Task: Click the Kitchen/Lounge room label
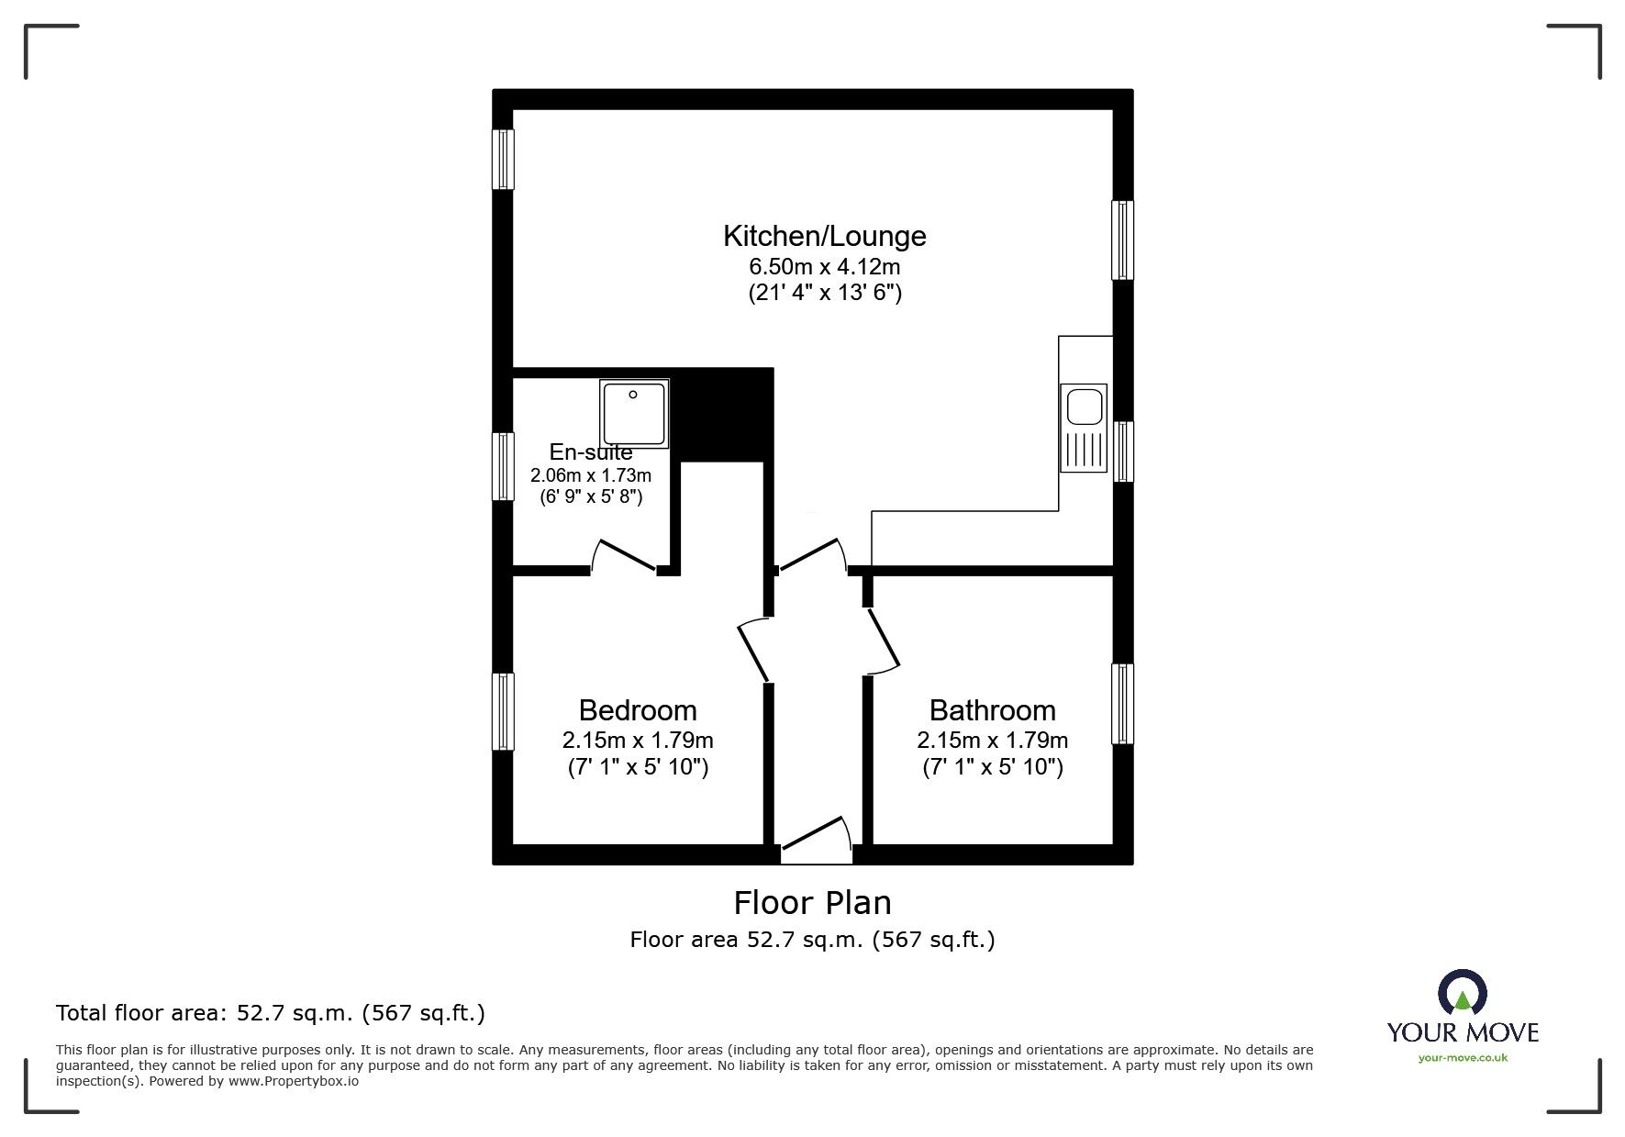tap(824, 237)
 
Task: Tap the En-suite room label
tap(591, 451)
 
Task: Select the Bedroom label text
tap(638, 710)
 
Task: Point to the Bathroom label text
tap(992, 710)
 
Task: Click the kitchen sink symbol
tap(1084, 428)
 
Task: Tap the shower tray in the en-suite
tap(634, 415)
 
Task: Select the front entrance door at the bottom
tap(816, 840)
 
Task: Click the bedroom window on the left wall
tap(503, 711)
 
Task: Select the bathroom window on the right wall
tap(1122, 704)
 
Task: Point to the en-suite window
tap(503, 466)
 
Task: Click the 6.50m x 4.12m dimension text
tap(824, 267)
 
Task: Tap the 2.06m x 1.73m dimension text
tap(591, 475)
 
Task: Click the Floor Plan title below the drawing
tap(812, 903)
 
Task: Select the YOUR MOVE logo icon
tap(1463, 993)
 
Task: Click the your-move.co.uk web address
tap(1463, 1058)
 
